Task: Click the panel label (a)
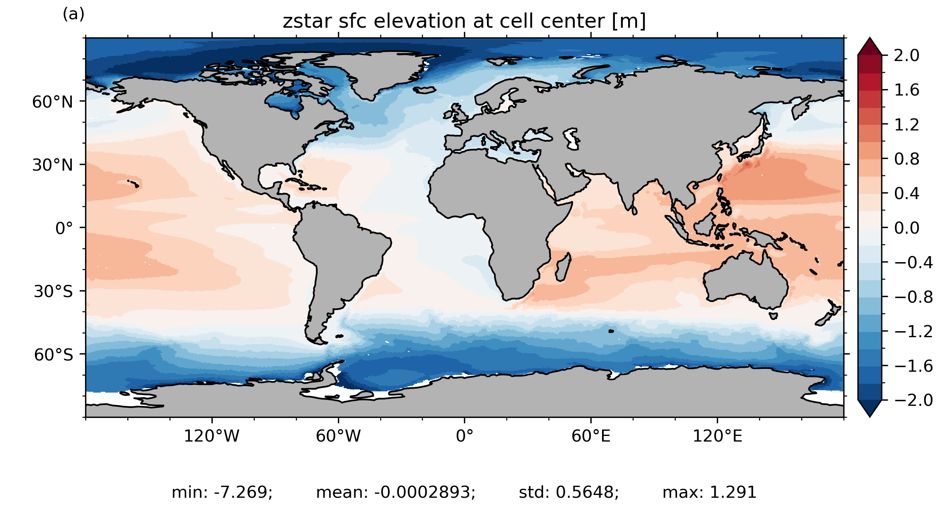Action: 73,14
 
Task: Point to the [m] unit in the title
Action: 629,21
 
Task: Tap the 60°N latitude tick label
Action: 53,102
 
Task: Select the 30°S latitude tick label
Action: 53,291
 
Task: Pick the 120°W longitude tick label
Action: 212,436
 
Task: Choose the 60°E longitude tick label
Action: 591,436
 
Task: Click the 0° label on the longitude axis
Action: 464,436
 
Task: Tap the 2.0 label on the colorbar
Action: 907,55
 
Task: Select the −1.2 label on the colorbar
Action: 913,332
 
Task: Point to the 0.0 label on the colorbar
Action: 907,228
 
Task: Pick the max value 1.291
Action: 733,492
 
